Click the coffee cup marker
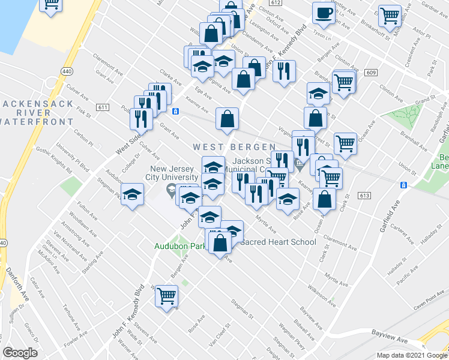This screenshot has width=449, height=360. tap(324, 13)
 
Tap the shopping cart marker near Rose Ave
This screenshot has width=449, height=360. tap(167, 296)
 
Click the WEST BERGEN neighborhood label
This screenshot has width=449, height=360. tap(234, 147)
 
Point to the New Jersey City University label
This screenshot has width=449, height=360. tap(174, 173)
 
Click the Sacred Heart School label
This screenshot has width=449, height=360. tap(278, 242)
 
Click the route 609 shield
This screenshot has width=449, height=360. tap(370, 73)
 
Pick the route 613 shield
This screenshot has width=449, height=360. tap(364, 196)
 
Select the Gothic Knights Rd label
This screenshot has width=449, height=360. tap(56, 161)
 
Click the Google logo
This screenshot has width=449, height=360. tap(20, 353)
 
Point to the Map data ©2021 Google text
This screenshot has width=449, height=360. tap(411, 355)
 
